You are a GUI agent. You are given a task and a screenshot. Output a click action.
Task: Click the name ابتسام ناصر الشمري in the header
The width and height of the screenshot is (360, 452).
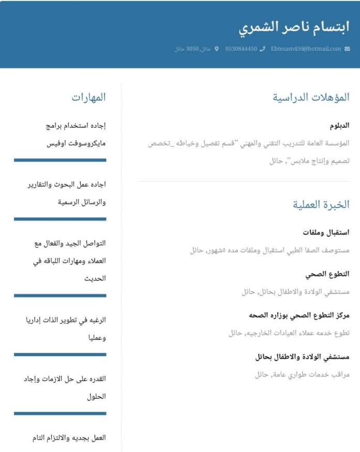point(294,27)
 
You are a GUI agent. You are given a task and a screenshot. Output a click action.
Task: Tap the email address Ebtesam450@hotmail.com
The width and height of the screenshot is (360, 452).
point(306,49)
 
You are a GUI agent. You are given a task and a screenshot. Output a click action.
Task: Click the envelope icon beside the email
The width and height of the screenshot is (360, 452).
point(347,49)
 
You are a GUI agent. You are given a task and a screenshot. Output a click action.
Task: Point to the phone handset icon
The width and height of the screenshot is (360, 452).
point(262,49)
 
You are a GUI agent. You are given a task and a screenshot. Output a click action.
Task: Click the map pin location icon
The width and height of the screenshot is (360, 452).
point(216,49)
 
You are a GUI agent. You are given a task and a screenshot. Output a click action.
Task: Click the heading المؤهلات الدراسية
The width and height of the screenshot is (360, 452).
point(311,97)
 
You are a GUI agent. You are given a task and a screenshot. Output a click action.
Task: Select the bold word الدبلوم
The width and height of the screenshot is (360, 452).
point(340,125)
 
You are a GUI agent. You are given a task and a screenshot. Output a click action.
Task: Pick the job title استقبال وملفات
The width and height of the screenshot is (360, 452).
point(326,232)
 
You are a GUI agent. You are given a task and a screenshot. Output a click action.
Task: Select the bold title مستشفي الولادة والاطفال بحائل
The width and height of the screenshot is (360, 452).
point(302,357)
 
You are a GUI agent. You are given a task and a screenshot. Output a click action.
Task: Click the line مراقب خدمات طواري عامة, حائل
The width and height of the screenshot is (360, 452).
point(302,374)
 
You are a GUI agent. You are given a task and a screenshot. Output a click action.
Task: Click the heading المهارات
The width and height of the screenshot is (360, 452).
point(88,97)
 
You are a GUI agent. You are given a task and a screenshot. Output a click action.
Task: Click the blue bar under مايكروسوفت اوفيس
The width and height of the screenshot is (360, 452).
point(60,160)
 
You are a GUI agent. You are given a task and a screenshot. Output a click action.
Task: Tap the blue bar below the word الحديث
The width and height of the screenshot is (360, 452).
point(60,296)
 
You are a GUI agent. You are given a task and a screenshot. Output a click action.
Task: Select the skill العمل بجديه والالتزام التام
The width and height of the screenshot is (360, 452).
point(69,438)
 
